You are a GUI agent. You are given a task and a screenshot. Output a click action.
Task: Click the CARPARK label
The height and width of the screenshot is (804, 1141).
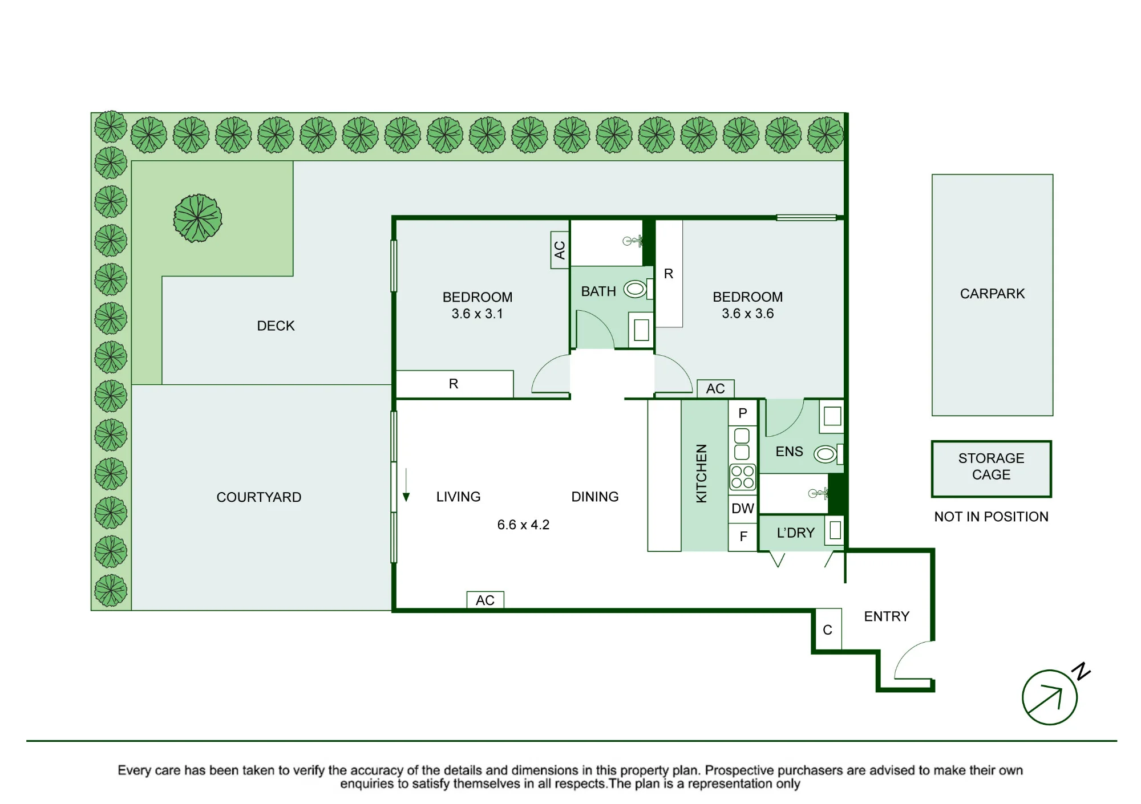(x=992, y=294)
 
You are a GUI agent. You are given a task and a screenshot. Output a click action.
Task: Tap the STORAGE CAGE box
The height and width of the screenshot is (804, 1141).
(x=991, y=469)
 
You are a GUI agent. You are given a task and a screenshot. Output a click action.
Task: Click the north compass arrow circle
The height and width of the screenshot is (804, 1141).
(x=1050, y=697)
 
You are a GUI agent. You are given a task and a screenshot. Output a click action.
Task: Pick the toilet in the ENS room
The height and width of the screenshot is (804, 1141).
(x=828, y=454)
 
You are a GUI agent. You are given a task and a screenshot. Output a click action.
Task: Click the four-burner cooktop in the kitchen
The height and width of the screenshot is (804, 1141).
(x=742, y=477)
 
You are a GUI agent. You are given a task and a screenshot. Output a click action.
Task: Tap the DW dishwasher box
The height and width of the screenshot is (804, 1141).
(x=743, y=509)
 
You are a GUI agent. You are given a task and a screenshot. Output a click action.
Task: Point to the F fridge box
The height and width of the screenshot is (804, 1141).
(x=743, y=537)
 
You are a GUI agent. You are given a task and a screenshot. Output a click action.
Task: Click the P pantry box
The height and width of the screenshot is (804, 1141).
(x=743, y=413)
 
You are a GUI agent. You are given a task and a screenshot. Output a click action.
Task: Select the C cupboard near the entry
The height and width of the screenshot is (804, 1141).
(x=827, y=630)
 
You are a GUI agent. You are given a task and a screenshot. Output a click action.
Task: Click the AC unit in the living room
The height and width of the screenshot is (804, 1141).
(x=485, y=600)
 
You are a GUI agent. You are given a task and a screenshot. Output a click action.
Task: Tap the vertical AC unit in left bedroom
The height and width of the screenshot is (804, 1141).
(x=560, y=250)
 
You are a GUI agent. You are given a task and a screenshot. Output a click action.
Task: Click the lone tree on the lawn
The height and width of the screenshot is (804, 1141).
(x=197, y=218)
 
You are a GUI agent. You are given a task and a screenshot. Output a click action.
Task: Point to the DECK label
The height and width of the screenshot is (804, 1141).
(x=276, y=326)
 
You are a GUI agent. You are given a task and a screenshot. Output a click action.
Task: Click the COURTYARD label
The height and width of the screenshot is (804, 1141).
(x=258, y=497)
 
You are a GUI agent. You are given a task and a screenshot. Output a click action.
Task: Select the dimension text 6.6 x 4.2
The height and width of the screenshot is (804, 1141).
(x=523, y=525)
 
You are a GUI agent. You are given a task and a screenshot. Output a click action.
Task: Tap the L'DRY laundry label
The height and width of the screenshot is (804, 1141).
(x=795, y=533)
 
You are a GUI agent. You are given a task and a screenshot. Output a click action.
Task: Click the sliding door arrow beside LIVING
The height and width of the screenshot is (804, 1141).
(x=406, y=485)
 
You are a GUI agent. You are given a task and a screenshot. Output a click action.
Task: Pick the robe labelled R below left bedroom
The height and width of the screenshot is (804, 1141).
(x=455, y=384)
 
